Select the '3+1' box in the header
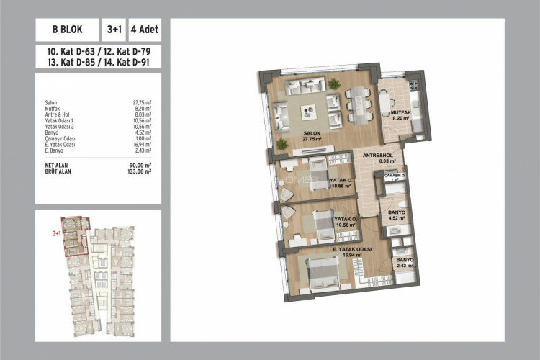click(x=115, y=31)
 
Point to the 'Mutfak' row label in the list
click(x=53, y=108)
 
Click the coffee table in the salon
click(x=308, y=111)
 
